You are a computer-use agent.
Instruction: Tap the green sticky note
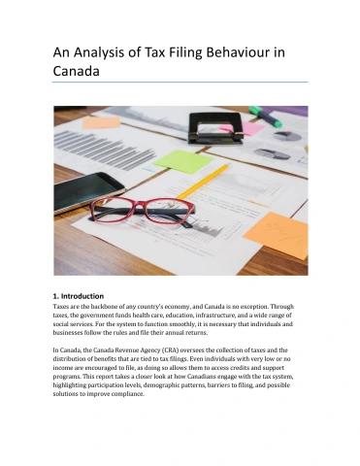pyautogui.click(x=182, y=161)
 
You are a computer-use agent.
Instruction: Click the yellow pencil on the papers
pyautogui.click(x=203, y=182)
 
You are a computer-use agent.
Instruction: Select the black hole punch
pyautogui.click(x=215, y=126)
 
